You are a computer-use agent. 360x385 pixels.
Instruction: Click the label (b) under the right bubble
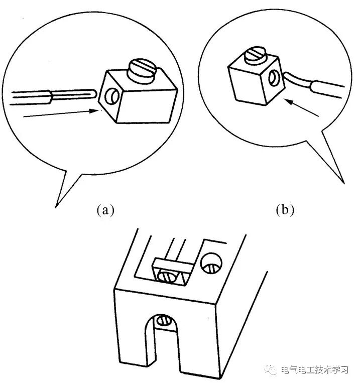(x=284, y=210)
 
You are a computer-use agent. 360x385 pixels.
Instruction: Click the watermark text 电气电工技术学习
(x=315, y=369)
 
